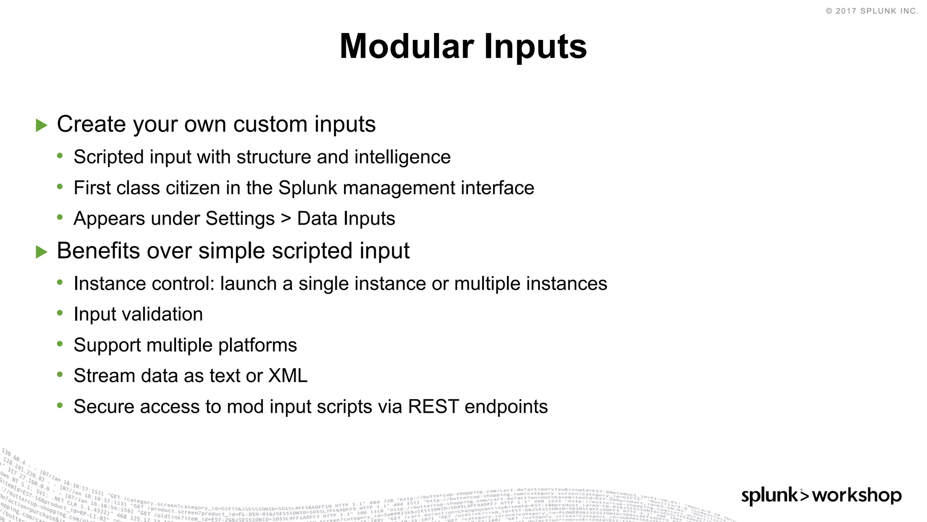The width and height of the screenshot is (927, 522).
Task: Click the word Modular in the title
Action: pyautogui.click(x=406, y=47)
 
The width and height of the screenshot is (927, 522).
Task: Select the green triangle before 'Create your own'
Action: pyautogui.click(x=42, y=125)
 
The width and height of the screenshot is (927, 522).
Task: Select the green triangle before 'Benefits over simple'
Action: pyautogui.click(x=42, y=251)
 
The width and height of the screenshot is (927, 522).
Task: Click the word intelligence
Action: pyautogui.click(x=402, y=157)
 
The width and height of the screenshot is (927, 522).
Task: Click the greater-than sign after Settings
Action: pyautogui.click(x=286, y=219)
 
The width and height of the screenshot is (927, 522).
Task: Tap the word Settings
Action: pyautogui.click(x=240, y=219)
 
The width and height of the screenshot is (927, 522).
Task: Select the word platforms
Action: pyautogui.click(x=258, y=345)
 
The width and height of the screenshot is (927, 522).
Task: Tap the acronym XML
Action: pyautogui.click(x=288, y=376)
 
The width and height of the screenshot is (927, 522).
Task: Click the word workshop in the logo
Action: pyautogui.click(x=857, y=495)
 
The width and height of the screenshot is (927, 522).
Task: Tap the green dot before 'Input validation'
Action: pyautogui.click(x=60, y=313)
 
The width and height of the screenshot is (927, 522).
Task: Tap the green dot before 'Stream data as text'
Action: pyautogui.click(x=60, y=374)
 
